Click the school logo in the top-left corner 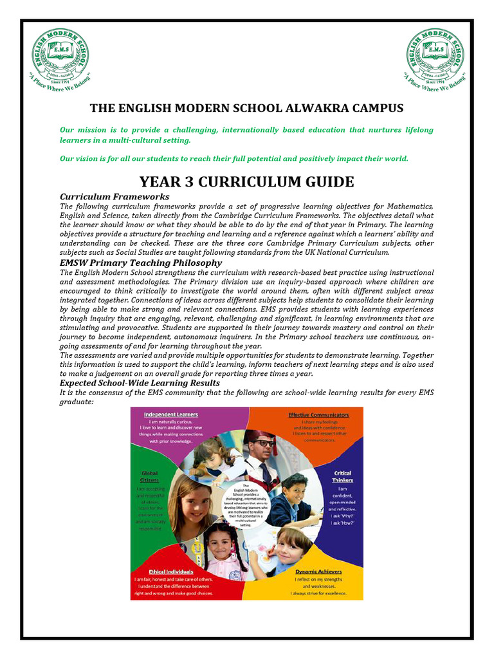coord(60,56)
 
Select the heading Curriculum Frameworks coord(114,196)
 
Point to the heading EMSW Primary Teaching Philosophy coord(141,263)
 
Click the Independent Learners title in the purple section coord(170,414)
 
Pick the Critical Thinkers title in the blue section coord(342,477)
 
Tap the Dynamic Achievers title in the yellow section coord(318,571)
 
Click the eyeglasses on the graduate coord(264,443)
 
